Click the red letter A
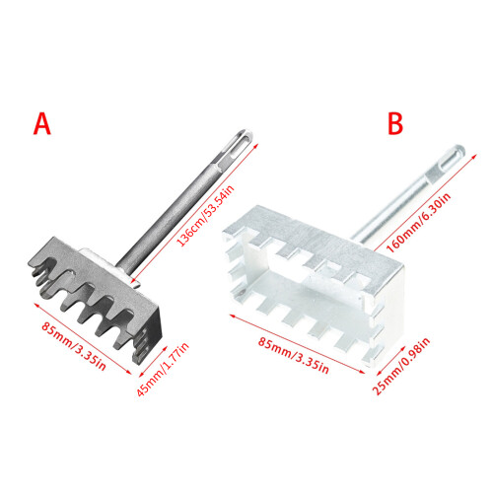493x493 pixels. (42, 124)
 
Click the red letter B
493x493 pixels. (395, 124)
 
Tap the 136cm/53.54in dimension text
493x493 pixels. (205, 216)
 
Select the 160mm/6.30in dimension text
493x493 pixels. (418, 223)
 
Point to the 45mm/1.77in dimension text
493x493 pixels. (163, 369)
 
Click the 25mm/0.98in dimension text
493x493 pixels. (400, 366)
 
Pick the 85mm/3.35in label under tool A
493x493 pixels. (74, 346)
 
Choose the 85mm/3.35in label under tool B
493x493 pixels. (293, 356)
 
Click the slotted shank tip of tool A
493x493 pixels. (243, 140)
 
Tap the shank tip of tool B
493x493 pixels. (456, 153)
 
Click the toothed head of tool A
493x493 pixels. (96, 299)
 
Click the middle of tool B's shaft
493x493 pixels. (407, 194)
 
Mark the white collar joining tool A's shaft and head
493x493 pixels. (108, 264)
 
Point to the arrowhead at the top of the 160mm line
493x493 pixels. (473, 155)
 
